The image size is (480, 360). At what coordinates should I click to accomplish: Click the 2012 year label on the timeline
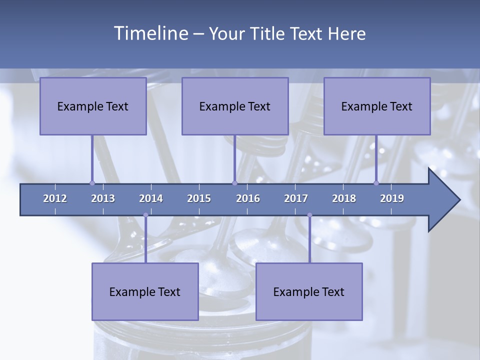point(55,198)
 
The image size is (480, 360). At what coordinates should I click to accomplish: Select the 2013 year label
point(103,198)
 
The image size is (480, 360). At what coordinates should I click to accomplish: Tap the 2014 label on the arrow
point(151,198)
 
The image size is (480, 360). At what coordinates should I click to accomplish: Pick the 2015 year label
point(199,198)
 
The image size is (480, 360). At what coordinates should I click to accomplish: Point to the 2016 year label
point(248,198)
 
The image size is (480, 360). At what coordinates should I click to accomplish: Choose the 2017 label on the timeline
point(296,198)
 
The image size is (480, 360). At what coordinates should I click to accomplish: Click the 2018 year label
point(344,198)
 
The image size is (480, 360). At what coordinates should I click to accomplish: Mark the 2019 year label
point(392,198)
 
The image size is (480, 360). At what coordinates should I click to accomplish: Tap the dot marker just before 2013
point(92,183)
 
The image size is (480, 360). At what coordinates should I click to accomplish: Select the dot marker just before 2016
point(234,183)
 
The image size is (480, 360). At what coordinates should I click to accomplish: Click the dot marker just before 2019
point(376,183)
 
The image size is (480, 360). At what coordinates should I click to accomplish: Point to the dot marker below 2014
point(145,215)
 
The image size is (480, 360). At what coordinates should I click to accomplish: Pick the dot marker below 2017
point(309,215)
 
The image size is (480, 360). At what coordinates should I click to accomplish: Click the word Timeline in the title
point(150,33)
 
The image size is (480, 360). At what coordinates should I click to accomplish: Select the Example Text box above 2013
point(93,106)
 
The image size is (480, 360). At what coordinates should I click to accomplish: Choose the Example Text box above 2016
point(235,106)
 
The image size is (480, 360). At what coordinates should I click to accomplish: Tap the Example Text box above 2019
point(377,106)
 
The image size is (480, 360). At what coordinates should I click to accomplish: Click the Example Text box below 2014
point(145,291)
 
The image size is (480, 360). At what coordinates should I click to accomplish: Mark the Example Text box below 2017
point(309,291)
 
